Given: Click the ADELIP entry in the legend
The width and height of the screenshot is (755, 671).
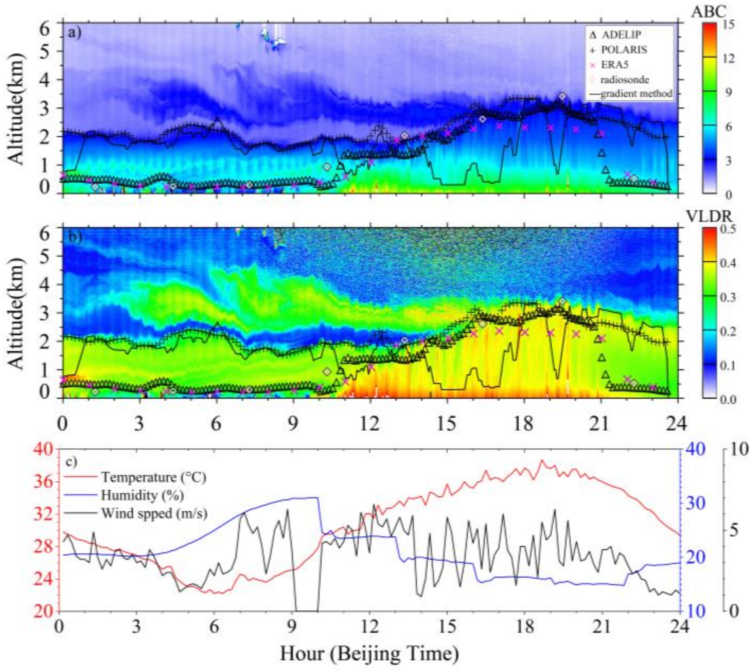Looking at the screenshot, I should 621,35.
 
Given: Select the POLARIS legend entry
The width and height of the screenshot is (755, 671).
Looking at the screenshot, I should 624,50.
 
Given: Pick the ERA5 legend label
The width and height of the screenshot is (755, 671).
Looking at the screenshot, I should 614,65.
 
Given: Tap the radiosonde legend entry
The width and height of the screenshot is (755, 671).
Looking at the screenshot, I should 624,79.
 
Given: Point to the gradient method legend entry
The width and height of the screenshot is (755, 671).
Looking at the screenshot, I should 636,93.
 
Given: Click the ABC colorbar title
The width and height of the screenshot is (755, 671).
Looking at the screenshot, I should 708,12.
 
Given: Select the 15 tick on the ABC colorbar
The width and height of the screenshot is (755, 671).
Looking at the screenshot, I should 729,25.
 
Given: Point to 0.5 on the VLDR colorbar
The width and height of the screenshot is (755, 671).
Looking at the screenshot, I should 729,229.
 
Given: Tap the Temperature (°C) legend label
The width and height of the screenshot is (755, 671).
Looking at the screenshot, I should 154,477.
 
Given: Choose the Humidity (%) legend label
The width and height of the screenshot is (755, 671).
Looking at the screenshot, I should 142,495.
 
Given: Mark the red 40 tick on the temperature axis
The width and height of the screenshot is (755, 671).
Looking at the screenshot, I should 45,449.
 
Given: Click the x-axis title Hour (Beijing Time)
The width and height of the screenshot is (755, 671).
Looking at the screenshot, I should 369,654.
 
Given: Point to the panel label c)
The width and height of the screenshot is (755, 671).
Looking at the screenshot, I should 71,462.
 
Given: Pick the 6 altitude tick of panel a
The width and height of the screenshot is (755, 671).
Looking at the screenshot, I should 44,28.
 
